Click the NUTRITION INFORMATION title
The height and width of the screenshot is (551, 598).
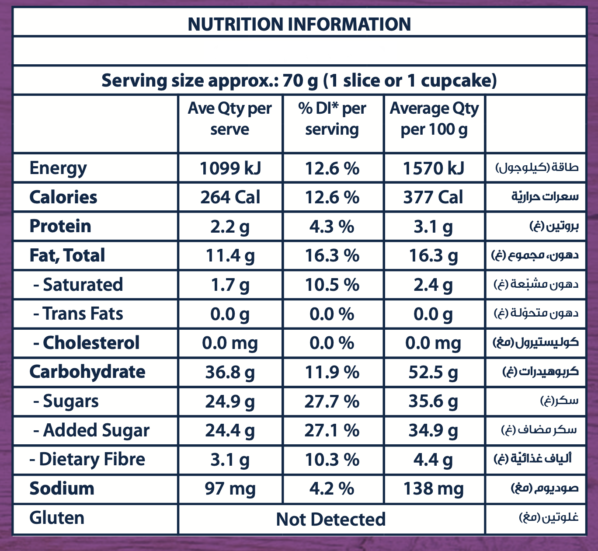coord(299,24)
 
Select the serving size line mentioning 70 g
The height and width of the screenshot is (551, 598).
coord(299,81)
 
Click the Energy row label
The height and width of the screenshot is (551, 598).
coord(58,168)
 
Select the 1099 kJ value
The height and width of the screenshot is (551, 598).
coord(230,168)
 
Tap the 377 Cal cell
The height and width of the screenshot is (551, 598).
coord(433,197)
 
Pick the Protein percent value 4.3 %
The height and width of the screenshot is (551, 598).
coord(332,227)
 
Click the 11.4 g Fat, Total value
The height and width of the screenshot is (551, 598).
coord(230,256)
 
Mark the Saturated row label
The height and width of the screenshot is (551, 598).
coord(79,285)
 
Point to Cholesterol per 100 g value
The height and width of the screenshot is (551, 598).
coord(433,343)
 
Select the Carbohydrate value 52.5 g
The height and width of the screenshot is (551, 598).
coord(433,372)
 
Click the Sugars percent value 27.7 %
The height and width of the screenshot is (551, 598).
coord(332,401)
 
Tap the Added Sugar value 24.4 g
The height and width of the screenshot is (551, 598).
coord(230,431)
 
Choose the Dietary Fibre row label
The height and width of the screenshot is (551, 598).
coord(87,460)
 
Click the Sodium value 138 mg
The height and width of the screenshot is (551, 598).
coord(433,488)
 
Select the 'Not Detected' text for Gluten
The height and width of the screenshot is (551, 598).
coord(331,519)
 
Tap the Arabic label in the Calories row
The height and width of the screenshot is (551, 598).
coord(545,197)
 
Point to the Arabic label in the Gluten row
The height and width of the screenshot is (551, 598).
coord(549,518)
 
